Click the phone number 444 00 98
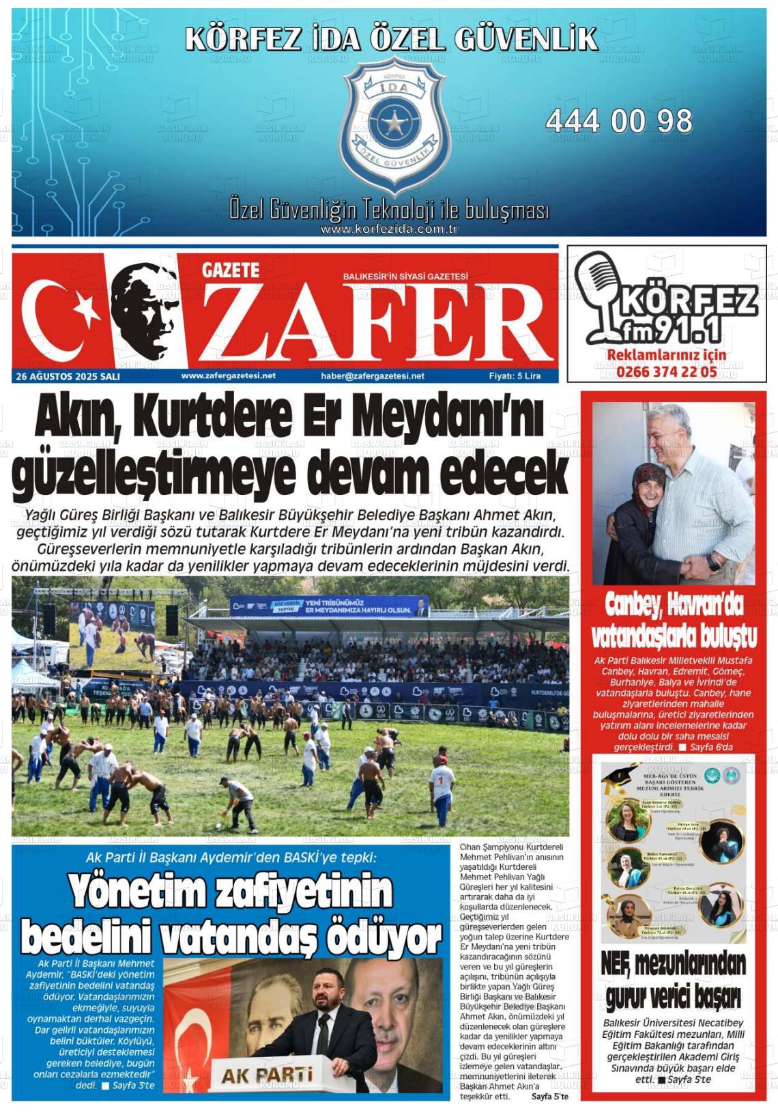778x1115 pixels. pyautogui.click(x=618, y=122)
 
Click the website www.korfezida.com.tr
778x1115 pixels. pyautogui.click(x=388, y=229)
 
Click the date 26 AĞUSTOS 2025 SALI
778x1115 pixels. pyautogui.click(x=68, y=376)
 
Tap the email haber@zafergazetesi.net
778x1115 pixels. pyautogui.click(x=372, y=376)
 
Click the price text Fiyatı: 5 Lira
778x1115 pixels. pyautogui.click(x=515, y=376)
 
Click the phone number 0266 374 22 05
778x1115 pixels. pyautogui.click(x=666, y=372)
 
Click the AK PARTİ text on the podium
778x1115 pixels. pyautogui.click(x=267, y=1075)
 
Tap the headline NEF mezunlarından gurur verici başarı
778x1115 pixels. pyautogui.click(x=673, y=980)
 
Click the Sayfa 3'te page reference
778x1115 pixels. pyautogui.click(x=133, y=1086)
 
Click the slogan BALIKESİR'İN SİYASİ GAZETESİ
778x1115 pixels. pyautogui.click(x=405, y=276)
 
